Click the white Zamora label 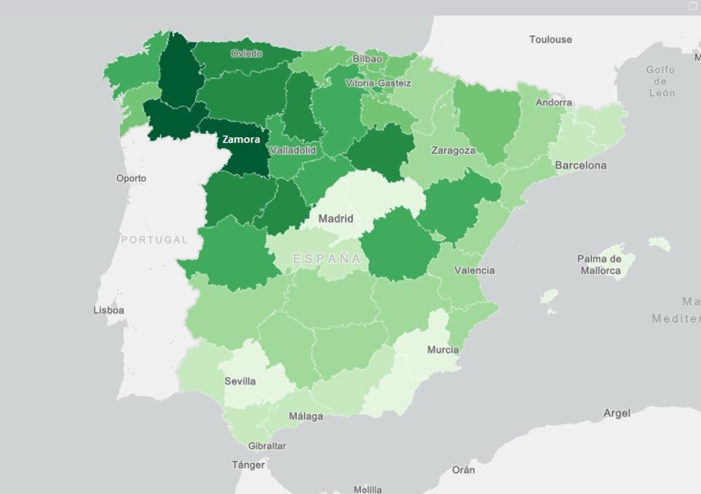[241, 140]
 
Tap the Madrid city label [335, 219]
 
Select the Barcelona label [580, 165]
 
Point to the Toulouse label [550, 40]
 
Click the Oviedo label [246, 53]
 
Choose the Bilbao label [367, 59]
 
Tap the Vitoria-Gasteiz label [378, 83]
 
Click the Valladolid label [293, 150]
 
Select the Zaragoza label [453, 151]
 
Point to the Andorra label [554, 103]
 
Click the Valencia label [474, 270]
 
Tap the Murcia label [442, 350]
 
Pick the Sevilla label [240, 381]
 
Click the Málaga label [306, 416]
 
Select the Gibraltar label [267, 446]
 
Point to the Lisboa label [109, 310]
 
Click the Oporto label [131, 178]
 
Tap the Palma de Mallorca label [599, 265]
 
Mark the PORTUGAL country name [154, 240]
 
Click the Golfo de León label [660, 81]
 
